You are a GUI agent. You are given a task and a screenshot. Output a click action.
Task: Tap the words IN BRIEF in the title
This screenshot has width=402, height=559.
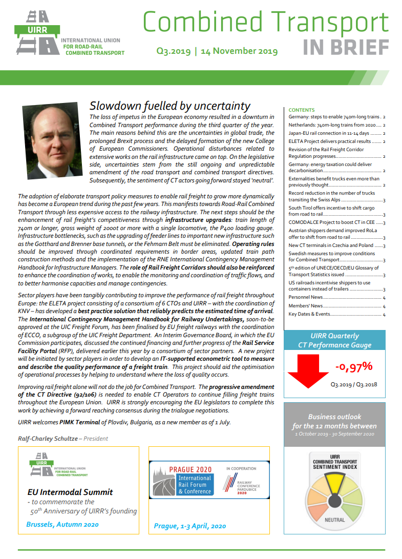[346, 48]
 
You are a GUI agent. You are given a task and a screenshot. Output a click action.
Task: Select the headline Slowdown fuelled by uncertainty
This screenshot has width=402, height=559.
[170, 106]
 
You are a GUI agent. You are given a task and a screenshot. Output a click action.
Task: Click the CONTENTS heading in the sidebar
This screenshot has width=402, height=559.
[302, 110]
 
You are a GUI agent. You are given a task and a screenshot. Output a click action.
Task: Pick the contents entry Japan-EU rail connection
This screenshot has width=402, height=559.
[333, 133]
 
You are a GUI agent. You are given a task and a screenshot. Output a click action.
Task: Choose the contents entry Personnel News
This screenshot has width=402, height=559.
[306, 297]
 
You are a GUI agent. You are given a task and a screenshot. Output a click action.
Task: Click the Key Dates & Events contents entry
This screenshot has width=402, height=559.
[309, 314]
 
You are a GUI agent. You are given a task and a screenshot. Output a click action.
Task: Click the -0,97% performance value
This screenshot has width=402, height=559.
[353, 367]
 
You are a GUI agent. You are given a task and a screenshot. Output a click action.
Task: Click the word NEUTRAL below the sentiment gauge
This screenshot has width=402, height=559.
[334, 520]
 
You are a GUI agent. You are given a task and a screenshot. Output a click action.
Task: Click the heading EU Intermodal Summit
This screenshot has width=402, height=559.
[70, 492]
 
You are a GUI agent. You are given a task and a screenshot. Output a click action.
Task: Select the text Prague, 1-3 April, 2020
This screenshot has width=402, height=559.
[189, 526]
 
